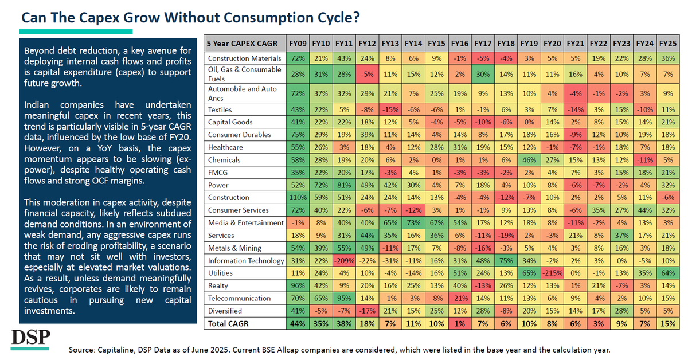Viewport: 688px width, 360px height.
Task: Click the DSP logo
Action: point(30,339)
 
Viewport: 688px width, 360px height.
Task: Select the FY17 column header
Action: point(483,44)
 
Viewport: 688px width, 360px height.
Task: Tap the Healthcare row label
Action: point(225,147)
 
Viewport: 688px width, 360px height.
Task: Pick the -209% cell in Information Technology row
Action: point(344,260)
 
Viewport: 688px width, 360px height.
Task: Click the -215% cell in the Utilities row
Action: point(552,273)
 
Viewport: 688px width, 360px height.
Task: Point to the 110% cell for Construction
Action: point(298,198)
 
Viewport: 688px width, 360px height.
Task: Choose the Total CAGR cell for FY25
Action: point(668,323)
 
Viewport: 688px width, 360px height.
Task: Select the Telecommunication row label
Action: point(239,298)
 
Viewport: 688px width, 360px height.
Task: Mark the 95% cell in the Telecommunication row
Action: point(344,298)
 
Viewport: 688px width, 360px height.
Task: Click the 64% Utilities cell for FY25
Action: point(668,273)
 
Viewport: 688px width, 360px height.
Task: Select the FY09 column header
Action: point(298,44)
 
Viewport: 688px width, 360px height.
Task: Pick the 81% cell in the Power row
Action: point(344,185)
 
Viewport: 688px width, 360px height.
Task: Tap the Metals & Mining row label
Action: point(234,248)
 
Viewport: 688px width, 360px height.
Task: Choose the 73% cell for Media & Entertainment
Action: point(413,222)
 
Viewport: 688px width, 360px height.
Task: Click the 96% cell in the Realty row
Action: point(298,285)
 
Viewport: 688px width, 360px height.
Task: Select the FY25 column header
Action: point(668,44)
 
